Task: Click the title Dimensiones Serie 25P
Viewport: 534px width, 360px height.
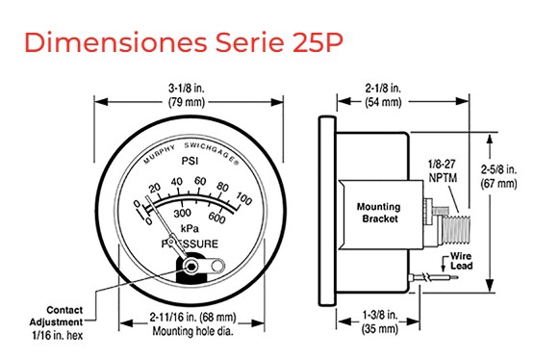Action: [x=184, y=42]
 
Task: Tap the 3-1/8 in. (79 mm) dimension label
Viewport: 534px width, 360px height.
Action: [x=187, y=95]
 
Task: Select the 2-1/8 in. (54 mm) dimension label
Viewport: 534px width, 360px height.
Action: [x=383, y=95]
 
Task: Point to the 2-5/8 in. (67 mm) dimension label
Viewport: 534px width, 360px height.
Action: [x=498, y=176]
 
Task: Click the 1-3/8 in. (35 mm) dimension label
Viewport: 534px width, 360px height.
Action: [x=380, y=321]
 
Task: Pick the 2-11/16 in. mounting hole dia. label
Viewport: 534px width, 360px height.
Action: [x=192, y=323]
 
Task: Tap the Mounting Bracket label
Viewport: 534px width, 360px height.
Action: [x=379, y=213]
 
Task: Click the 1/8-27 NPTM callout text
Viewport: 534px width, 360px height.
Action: [x=442, y=171]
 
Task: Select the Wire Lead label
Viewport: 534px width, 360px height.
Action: [x=462, y=261]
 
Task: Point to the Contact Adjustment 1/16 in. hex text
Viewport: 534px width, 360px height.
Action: [x=57, y=322]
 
